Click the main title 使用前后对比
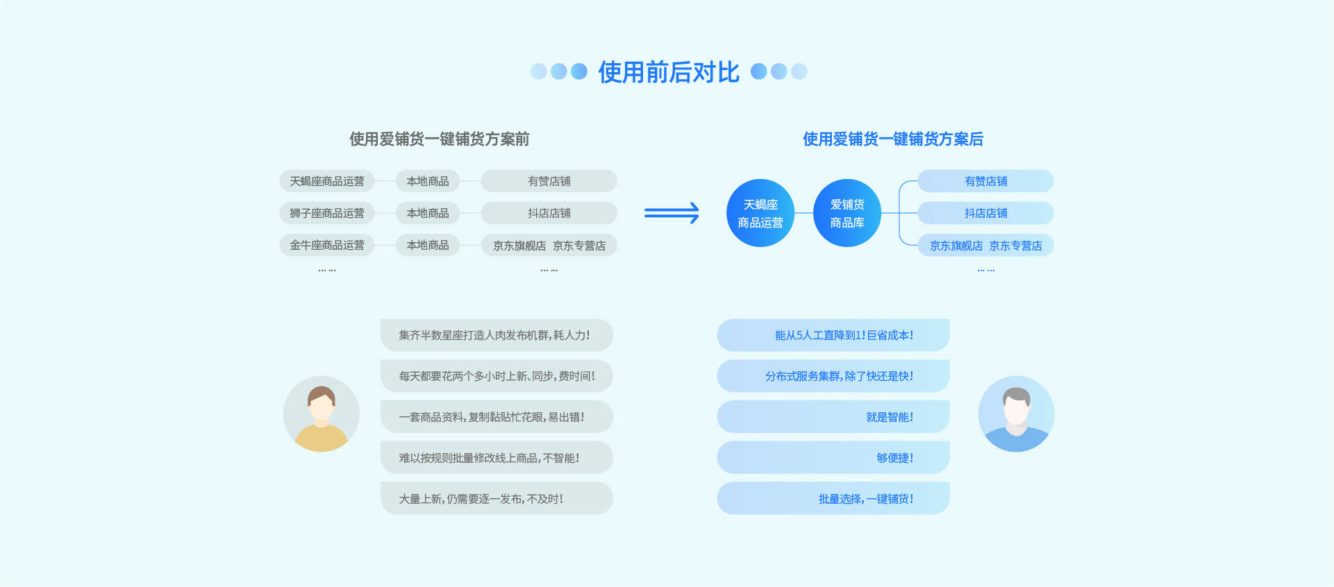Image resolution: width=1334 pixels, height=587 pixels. [x=669, y=72]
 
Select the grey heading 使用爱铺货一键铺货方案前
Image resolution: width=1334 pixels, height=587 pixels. [x=439, y=139]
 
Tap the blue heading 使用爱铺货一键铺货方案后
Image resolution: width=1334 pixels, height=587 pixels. [x=892, y=139]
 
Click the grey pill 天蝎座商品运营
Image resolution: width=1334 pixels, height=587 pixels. [x=326, y=181]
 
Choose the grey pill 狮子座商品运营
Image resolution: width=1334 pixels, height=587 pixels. [x=326, y=213]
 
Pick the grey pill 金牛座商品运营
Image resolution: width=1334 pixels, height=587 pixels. [x=326, y=245]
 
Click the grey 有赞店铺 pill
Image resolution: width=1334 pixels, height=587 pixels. [x=549, y=181]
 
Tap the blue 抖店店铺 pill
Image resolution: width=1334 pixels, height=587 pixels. [x=985, y=213]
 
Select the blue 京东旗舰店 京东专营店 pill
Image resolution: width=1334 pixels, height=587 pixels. [x=985, y=246]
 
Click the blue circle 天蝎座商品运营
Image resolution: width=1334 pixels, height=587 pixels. [x=760, y=213]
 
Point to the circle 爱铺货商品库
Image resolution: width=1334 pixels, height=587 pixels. [x=847, y=213]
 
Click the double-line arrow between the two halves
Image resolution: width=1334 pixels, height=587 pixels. [x=672, y=213]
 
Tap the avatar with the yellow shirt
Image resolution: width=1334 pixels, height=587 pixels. [x=322, y=414]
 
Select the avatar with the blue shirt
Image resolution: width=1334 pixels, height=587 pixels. [x=1016, y=414]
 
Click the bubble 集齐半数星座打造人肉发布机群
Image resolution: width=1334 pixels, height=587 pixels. [x=496, y=335]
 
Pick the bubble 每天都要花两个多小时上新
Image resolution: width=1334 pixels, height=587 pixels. [x=496, y=376]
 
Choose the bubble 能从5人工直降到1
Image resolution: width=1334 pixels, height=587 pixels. [x=833, y=335]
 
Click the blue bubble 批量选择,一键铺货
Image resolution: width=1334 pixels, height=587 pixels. [x=833, y=499]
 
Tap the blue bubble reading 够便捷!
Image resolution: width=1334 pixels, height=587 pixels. [x=833, y=458]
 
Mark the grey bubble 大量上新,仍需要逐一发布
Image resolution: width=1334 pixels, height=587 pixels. [x=496, y=499]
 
